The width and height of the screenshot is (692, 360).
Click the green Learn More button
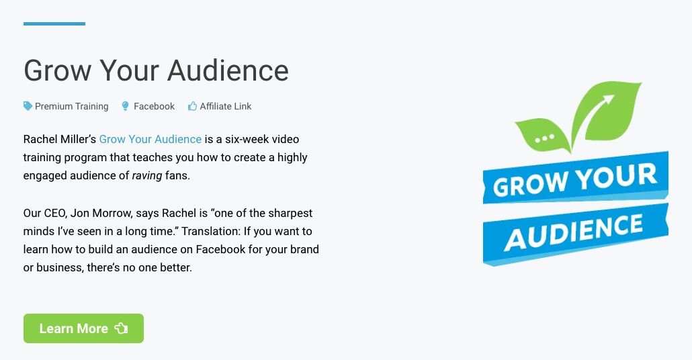83,328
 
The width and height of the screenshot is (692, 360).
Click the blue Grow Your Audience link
150,140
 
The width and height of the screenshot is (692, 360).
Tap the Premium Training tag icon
28,106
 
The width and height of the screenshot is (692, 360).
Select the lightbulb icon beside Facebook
126,106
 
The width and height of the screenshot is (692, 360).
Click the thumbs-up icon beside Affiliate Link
192,106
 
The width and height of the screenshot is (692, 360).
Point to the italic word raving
147,176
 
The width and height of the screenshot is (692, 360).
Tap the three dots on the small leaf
544,139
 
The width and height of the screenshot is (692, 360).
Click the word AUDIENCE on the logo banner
574,232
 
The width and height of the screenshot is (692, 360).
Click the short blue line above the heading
54,24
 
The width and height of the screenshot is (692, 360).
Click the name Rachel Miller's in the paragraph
60,140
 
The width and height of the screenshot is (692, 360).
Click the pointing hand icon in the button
121,328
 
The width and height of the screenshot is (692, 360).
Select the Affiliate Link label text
226,106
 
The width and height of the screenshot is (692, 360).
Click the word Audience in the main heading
228,71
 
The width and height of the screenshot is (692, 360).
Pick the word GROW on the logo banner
530,183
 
